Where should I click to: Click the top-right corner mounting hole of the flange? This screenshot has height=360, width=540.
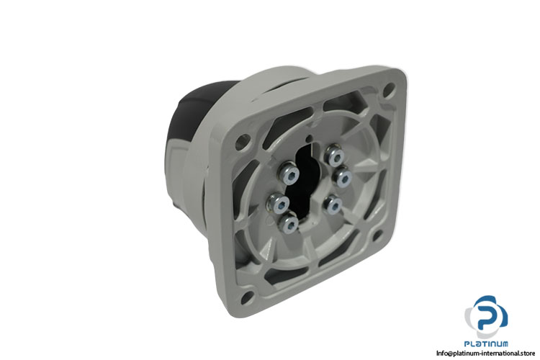coord(389,89)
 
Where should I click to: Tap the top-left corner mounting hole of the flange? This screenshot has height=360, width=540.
coord(243,141)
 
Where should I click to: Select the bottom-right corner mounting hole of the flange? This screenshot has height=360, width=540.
coord(378,235)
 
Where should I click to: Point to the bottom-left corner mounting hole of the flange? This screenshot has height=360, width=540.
coord(247,297)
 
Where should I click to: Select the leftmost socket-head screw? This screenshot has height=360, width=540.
coord(278,203)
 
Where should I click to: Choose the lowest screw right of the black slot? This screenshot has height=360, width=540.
coord(333,204)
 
